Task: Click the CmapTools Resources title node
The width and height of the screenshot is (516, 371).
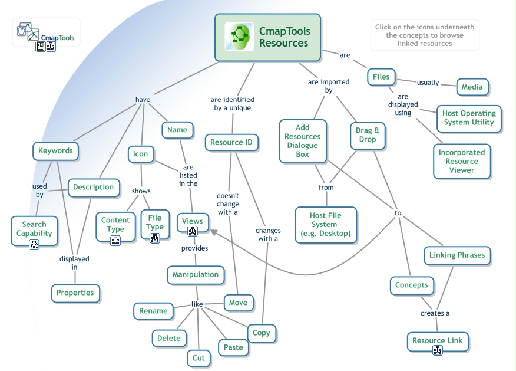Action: pos(267,38)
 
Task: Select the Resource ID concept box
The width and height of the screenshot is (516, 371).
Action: pos(232,142)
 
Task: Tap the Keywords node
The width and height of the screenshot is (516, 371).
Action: pos(55,151)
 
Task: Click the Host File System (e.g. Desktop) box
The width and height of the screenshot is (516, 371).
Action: pos(325,224)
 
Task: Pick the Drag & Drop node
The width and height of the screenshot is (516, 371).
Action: pos(368,135)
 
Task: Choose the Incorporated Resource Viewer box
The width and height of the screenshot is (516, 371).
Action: pos(462,161)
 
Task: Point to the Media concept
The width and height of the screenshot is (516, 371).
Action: pos(472,87)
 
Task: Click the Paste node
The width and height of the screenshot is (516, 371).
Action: pos(233,347)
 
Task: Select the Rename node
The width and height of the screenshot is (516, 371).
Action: pos(153,311)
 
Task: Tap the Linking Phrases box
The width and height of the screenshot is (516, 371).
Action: pos(458,255)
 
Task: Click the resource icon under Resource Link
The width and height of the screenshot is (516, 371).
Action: pos(438,350)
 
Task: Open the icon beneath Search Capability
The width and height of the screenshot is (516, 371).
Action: pos(34,244)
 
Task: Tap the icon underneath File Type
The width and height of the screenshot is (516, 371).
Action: pos(155,238)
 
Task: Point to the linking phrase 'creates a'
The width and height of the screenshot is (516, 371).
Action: pos(435,313)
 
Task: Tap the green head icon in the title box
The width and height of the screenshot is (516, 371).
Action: pos(239,37)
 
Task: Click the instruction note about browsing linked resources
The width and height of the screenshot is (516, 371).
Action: pos(424,35)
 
